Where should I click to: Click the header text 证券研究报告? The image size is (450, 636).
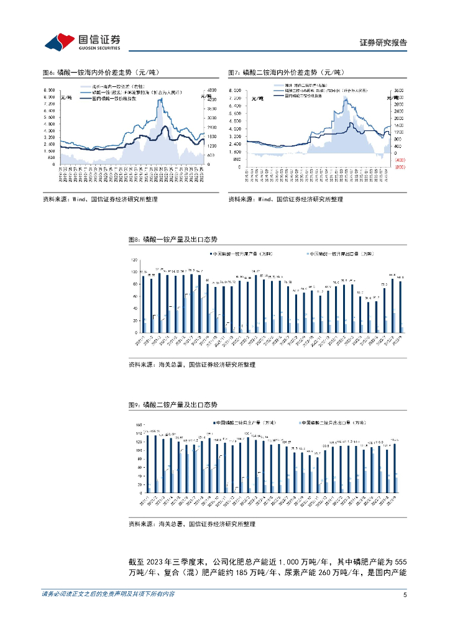click(383, 43)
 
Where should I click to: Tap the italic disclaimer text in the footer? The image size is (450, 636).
click(108, 594)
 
